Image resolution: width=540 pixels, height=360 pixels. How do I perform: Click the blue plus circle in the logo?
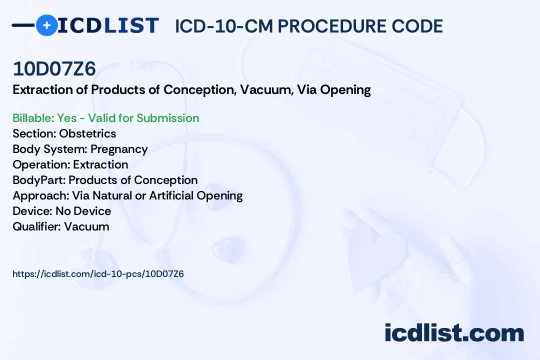pyautogui.click(x=46, y=25)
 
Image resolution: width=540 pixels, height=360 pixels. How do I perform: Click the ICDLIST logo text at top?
pyautogui.click(x=108, y=25)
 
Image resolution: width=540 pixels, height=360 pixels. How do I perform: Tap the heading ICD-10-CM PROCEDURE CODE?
pyautogui.click(x=308, y=26)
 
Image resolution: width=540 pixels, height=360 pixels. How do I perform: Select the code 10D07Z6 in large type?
pyautogui.click(x=54, y=69)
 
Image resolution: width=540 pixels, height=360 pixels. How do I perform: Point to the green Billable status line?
pyautogui.click(x=105, y=118)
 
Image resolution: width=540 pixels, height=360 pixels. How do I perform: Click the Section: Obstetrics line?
pyautogui.click(x=64, y=133)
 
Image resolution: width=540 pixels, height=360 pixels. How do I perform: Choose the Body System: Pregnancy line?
pyautogui.click(x=80, y=149)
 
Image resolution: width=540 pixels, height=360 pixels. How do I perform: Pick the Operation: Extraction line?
pyautogui.click(x=70, y=164)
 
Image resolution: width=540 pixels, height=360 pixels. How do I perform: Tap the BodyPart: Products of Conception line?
pyautogui.click(x=105, y=180)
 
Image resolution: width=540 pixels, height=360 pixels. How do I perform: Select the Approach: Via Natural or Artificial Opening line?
pyautogui.click(x=127, y=195)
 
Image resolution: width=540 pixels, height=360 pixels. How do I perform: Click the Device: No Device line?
pyautogui.click(x=61, y=211)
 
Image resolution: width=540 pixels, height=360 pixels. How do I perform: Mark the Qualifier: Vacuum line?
pyautogui.click(x=60, y=226)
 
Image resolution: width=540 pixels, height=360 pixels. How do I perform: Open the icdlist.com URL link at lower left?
pyautogui.click(x=98, y=274)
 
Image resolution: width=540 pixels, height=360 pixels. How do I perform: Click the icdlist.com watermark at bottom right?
pyautogui.click(x=454, y=333)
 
